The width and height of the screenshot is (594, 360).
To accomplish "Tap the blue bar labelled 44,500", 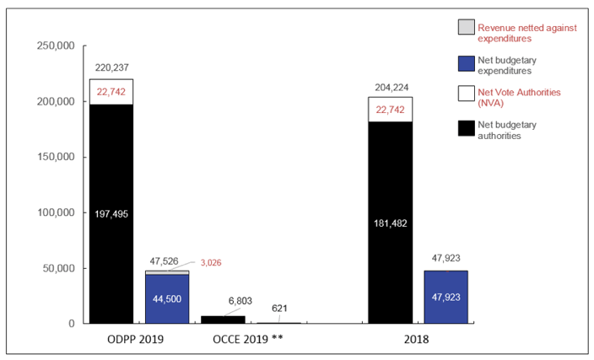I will coord(167,299).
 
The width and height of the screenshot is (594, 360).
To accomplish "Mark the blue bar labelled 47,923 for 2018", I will coord(445,297).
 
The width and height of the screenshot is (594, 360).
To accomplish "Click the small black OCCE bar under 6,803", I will coord(223,320).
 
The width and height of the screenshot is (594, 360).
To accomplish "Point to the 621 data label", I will coord(278,309).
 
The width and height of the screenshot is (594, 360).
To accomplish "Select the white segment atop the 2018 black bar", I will coord(391,109).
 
